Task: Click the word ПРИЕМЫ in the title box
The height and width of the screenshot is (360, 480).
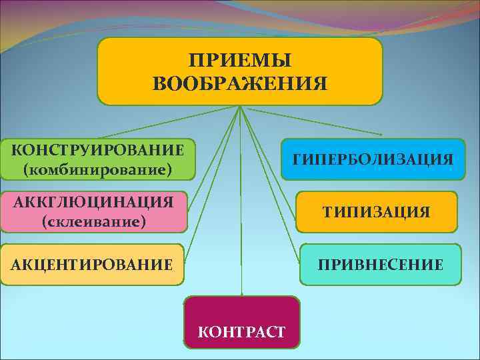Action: click(239, 61)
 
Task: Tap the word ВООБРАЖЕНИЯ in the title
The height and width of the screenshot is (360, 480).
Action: click(240, 84)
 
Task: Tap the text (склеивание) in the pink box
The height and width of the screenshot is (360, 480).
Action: click(93, 221)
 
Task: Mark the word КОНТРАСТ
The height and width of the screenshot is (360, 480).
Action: click(241, 331)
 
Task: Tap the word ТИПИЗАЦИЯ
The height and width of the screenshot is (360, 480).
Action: click(377, 212)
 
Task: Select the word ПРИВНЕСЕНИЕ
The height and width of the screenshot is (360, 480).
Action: click(380, 265)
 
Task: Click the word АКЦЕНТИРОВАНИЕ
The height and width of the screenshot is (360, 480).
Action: click(92, 265)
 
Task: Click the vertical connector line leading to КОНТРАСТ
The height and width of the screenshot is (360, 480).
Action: click(241, 200)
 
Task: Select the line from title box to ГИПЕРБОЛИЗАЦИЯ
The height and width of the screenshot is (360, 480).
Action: click(313, 121)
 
